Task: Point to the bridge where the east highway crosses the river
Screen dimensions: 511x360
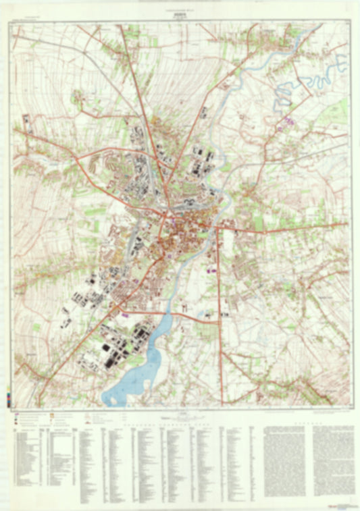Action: click(x=217, y=230)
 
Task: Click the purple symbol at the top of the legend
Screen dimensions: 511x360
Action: click(x=16, y=412)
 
